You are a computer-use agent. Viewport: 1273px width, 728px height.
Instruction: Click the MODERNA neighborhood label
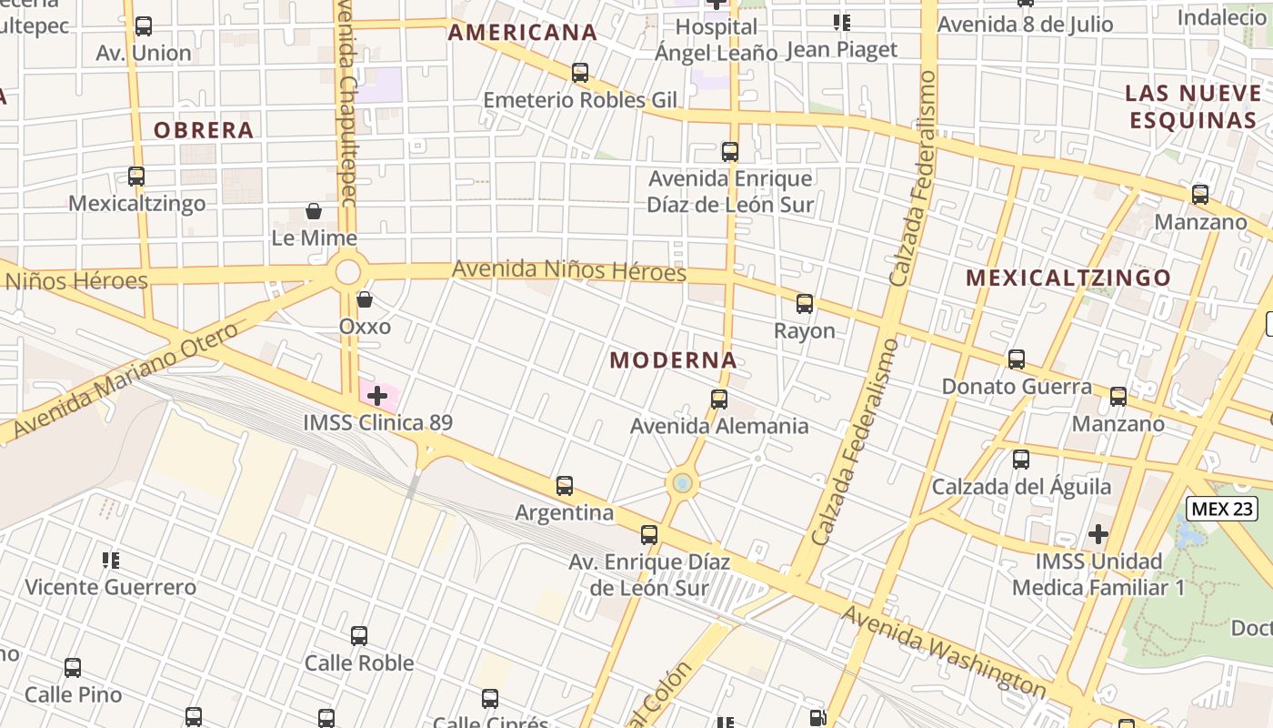pos(673,360)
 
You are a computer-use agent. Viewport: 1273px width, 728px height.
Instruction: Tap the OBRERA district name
pos(203,130)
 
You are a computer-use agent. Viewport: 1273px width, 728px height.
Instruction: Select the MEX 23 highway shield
pos(1222,509)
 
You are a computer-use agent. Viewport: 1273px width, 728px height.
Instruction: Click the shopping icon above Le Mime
pos(314,212)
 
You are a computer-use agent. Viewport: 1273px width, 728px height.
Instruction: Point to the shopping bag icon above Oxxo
pos(365,299)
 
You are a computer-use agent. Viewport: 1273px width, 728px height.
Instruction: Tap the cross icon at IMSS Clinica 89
pos(377,396)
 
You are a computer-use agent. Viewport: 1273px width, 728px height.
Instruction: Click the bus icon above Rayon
pos(805,304)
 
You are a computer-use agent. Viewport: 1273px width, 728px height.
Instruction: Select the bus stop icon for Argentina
pos(565,486)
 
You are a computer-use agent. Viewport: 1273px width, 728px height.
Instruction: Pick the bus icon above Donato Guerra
pos(1017,359)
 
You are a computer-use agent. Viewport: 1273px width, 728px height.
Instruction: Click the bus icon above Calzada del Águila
pos(1021,460)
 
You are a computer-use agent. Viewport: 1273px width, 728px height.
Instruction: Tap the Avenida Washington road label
pos(944,649)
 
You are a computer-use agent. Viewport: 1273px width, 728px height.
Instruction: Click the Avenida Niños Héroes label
pos(569,270)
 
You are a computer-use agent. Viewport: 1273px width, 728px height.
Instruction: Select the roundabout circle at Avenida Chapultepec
pos(348,271)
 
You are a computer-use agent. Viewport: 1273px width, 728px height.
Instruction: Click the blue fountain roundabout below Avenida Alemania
pos(682,483)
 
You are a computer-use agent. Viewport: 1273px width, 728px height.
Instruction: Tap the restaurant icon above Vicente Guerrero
pos(111,560)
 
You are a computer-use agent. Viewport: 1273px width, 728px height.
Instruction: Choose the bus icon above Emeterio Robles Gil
pos(580,73)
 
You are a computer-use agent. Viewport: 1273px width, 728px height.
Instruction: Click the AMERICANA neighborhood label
pos(523,33)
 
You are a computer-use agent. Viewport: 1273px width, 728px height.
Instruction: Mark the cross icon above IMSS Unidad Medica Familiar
pos(1098,533)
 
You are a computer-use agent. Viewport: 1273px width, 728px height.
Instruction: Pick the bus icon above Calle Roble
pos(359,636)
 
